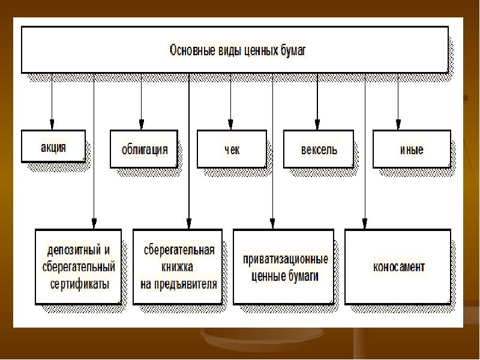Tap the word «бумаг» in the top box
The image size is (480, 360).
[293, 51]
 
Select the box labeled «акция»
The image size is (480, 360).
[53, 146]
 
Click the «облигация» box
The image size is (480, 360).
[144, 149]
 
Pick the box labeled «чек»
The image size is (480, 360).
[232, 149]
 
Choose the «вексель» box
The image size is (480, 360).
[319, 149]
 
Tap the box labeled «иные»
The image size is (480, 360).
[412, 149]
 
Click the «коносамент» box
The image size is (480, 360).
[398, 266]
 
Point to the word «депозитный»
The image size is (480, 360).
[74, 250]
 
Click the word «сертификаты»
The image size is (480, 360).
[80, 284]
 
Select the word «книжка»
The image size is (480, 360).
[177, 267]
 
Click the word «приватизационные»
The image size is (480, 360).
[286, 259]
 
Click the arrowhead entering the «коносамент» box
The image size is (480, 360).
[365, 223]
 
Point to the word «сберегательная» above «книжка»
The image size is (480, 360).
[179, 250]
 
